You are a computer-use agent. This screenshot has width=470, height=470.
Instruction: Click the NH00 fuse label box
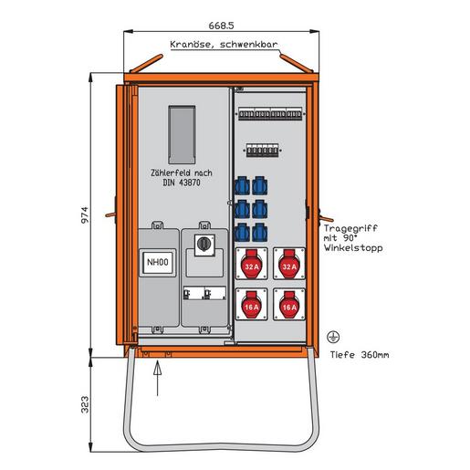[158, 264]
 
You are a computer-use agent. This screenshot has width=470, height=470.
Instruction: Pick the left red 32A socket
[252, 264]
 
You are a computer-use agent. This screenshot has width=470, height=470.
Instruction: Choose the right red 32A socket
[289, 264]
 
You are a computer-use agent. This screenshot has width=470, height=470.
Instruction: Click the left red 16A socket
[252, 305]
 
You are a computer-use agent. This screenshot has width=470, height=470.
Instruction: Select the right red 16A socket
[289, 305]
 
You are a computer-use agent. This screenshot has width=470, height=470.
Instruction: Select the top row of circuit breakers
[270, 116]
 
